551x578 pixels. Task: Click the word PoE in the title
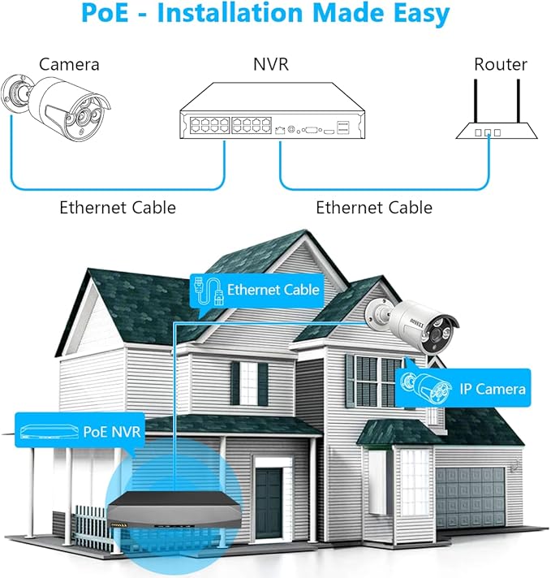click(x=105, y=12)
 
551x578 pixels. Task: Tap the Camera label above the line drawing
click(x=69, y=64)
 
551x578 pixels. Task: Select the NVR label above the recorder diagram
click(x=271, y=64)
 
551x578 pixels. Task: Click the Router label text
click(x=501, y=64)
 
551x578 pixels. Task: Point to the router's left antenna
click(x=476, y=101)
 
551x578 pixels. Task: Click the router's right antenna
click(x=519, y=101)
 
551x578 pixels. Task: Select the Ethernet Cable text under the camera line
click(x=118, y=208)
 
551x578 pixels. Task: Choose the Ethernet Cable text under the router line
click(x=374, y=208)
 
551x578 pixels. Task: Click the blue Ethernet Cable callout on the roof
click(x=257, y=291)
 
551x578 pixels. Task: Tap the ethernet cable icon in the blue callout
click(x=209, y=291)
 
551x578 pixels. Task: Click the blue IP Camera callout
click(x=463, y=388)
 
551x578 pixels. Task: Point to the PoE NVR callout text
click(x=112, y=432)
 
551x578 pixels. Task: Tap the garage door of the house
click(x=471, y=496)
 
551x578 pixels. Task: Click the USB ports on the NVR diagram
click(x=343, y=127)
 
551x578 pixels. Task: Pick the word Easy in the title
click(x=422, y=14)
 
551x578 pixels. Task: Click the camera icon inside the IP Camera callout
click(x=426, y=388)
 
